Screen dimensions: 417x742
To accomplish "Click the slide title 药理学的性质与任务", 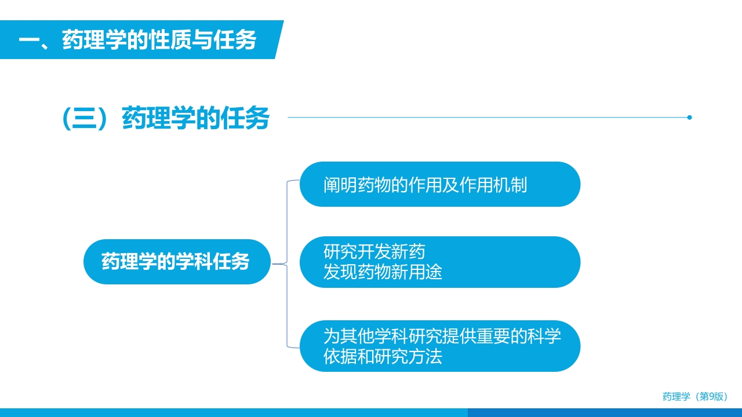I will [159, 41].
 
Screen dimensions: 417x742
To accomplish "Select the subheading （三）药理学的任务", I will [166, 119].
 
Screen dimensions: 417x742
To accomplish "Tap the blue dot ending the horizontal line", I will [689, 118].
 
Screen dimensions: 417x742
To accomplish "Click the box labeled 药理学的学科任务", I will [176, 262].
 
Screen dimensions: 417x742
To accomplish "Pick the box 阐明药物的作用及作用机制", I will [439, 185].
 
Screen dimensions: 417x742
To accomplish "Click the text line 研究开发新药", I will [374, 253].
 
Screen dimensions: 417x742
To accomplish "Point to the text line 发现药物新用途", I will [383, 271].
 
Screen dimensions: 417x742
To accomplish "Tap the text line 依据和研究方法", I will [383, 356].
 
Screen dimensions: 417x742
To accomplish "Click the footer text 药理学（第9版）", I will [695, 397].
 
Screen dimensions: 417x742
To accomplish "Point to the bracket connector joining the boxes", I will [287, 264].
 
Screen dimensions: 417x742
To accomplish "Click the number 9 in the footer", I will [712, 397].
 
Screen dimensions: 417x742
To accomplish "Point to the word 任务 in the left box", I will [231, 262].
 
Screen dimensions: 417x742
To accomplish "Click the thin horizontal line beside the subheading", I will [487, 118].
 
